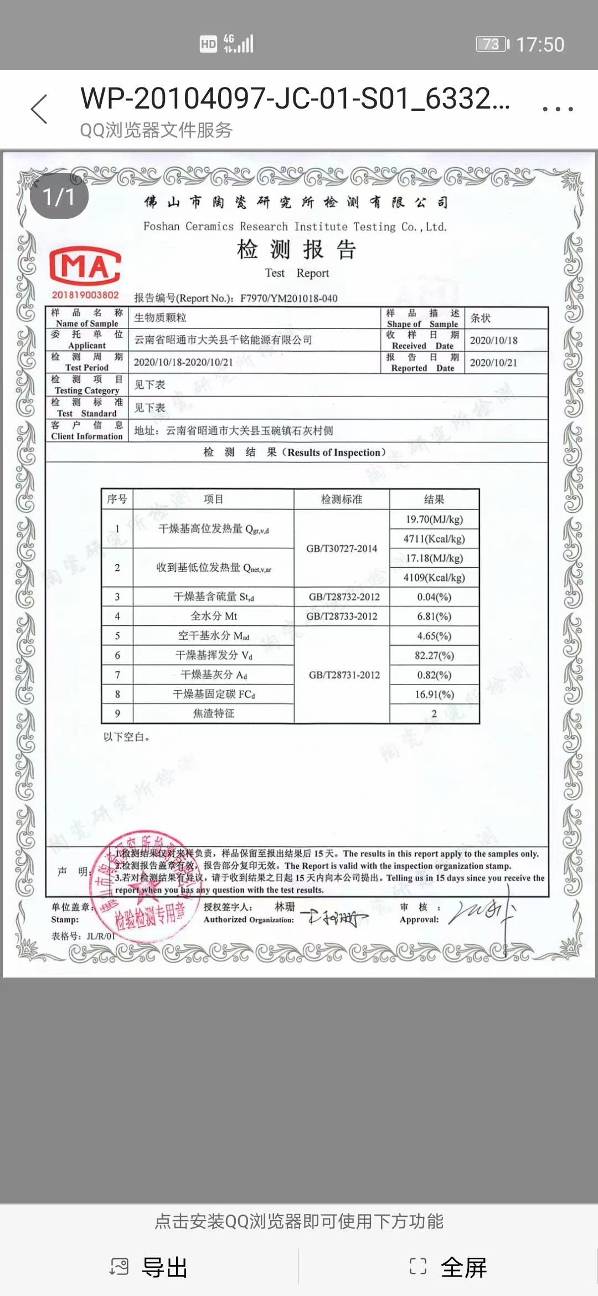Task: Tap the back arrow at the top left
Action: (39, 109)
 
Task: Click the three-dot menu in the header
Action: (557, 109)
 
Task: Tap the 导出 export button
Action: (149, 1267)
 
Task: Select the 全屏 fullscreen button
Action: (448, 1267)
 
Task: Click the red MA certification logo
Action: (85, 266)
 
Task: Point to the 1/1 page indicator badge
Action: (59, 197)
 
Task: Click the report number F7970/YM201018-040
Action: (288, 299)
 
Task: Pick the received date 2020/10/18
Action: (493, 341)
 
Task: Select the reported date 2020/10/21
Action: (493, 363)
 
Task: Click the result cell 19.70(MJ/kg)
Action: (434, 520)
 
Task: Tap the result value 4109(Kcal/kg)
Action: (434, 578)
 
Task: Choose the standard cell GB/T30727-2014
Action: (342, 548)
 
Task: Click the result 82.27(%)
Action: (434, 655)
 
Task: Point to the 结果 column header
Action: (434, 500)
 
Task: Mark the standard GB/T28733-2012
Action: (342, 616)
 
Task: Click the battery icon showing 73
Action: (492, 44)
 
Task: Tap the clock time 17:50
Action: (540, 44)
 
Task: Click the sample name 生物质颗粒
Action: (160, 318)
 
